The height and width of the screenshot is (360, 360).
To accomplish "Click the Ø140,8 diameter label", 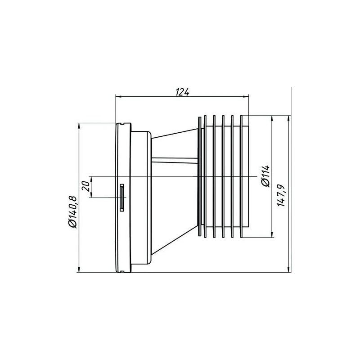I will click(72, 211).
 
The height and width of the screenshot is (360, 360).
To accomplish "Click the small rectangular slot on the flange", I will click(121, 197).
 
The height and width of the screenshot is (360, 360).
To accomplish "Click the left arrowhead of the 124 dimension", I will click(118, 96).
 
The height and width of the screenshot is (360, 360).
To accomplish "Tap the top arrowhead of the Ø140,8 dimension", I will click(79, 125).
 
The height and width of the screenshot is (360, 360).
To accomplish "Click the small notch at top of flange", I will click(121, 121).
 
